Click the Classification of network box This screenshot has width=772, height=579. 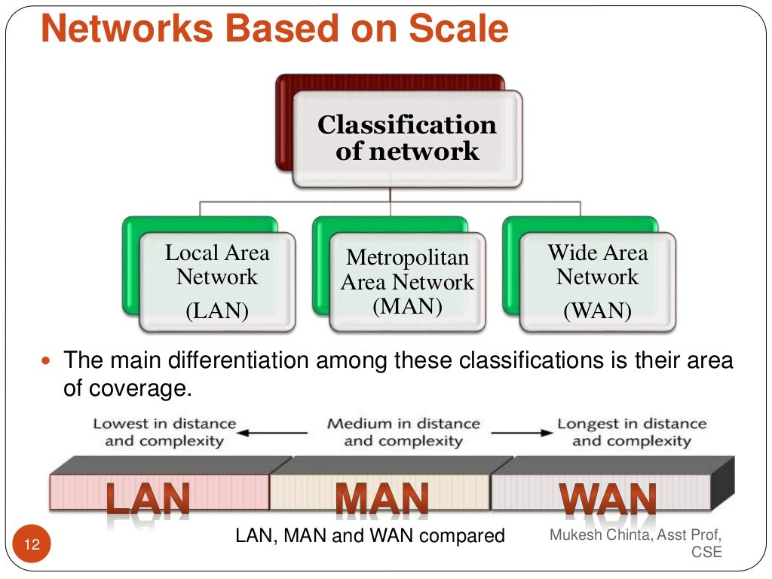pos(406,138)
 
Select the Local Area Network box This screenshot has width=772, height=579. pos(217,280)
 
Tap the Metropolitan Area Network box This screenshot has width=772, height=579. pos(407,280)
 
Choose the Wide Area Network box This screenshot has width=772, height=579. pos(597,280)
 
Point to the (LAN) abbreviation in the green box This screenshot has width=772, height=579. pos(217,311)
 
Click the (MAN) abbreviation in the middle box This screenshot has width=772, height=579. pos(407,306)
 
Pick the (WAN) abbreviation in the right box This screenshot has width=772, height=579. pos(597,311)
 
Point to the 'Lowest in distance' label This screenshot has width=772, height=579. pos(164,424)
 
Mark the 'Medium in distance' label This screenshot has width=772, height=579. pos(403,424)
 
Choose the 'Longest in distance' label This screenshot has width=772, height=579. pos(632,424)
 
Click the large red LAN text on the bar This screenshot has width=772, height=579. pos(148,498)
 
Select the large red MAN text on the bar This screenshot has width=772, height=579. pos(381,498)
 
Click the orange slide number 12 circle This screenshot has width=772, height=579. pos(32,544)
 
